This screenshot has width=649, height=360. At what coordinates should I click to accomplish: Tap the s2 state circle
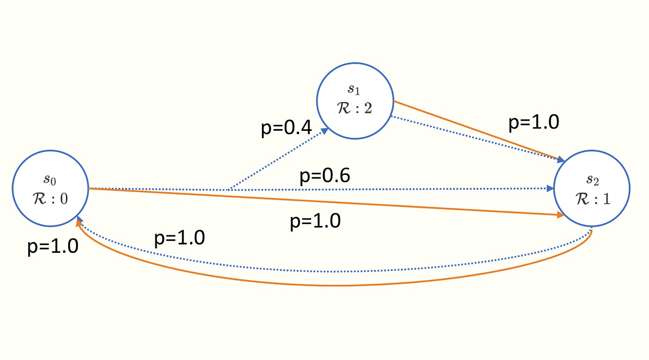[592, 188]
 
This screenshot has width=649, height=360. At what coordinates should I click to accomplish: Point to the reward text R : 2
[355, 109]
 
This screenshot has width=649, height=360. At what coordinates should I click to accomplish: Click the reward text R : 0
[50, 198]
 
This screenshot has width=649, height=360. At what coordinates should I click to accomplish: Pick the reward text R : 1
[593, 198]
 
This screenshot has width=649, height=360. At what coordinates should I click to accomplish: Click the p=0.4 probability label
[286, 129]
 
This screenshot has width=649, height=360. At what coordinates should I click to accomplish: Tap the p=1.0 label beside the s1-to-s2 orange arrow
[534, 122]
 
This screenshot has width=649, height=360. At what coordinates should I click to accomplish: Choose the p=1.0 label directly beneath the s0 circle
[52, 246]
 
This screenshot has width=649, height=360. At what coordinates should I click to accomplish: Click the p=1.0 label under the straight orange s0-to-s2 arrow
[315, 221]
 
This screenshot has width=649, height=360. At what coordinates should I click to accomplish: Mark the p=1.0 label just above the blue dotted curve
[179, 238]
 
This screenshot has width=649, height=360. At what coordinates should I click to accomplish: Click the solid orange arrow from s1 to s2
[477, 129]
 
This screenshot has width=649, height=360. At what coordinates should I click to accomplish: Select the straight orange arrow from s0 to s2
[324, 202]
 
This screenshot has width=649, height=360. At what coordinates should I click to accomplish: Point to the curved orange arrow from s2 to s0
[334, 285]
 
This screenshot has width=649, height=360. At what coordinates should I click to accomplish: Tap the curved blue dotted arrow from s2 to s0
[334, 272]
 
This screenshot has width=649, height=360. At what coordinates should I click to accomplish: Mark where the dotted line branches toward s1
[228, 189]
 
